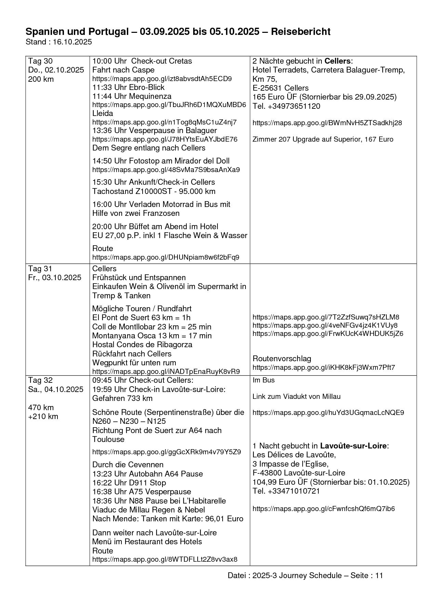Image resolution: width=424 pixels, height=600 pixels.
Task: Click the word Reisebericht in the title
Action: pyautogui.click(x=301, y=32)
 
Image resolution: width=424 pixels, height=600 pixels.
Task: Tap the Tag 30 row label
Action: pyautogui.click(x=40, y=61)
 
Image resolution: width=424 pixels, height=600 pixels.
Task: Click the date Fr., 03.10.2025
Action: pyautogui.click(x=55, y=277)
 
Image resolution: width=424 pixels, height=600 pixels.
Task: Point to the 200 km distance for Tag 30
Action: pyautogui.click(x=41, y=79)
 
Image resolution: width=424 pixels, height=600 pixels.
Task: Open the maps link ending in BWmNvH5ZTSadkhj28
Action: pyautogui.click(x=327, y=123)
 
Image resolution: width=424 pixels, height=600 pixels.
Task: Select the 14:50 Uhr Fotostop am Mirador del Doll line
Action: pyautogui.click(x=161, y=161)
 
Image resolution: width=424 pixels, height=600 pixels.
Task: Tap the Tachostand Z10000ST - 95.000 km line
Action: pyautogui.click(x=154, y=191)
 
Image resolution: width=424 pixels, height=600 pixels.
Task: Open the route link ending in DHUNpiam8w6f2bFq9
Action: pyautogui.click(x=165, y=257)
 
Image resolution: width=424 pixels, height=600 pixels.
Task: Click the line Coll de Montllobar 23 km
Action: pyautogui.click(x=151, y=327)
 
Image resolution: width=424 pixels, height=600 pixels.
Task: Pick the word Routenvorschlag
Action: pyautogui.click(x=282, y=358)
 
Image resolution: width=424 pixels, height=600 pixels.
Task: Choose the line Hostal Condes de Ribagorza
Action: pyautogui.click(x=142, y=344)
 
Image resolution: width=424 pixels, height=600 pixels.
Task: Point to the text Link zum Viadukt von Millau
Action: pyautogui.click(x=296, y=396)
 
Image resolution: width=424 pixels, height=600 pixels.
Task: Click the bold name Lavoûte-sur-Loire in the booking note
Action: pyautogui.click(x=353, y=446)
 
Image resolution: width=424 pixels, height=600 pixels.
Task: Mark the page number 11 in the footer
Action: pyautogui.click(x=379, y=575)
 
